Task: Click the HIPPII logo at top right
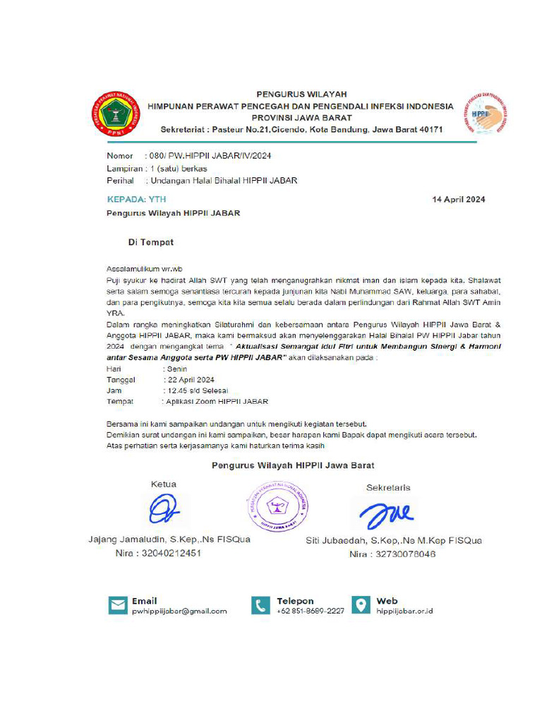click(486, 114)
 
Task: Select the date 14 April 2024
click(458, 200)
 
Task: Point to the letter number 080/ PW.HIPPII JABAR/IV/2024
click(211, 155)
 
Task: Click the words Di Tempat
click(150, 242)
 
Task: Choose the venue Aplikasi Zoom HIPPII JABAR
click(217, 401)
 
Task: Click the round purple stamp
click(277, 506)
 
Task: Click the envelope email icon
click(117, 605)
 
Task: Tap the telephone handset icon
click(261, 605)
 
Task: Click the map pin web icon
click(361, 605)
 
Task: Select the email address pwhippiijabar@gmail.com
click(179, 611)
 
